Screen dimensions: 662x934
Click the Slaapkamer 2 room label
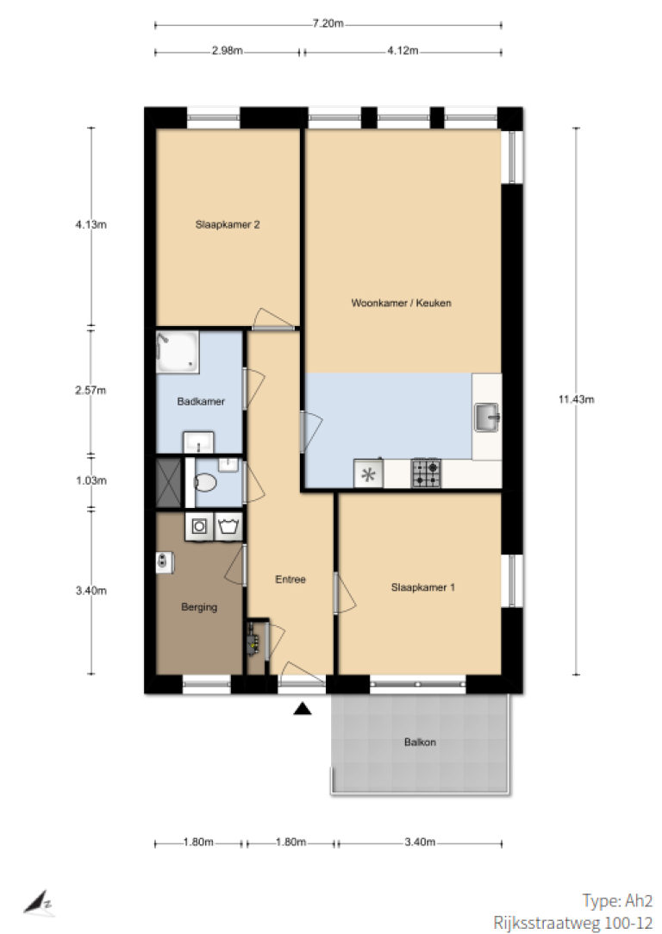pyautogui.click(x=228, y=224)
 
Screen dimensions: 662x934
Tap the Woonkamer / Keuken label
pyautogui.click(x=401, y=303)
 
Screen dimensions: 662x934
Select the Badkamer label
pyautogui.click(x=201, y=402)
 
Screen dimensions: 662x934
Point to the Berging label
pyautogui.click(x=199, y=607)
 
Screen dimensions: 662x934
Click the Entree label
pyautogui.click(x=290, y=579)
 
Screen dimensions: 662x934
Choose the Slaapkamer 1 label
pyautogui.click(x=422, y=587)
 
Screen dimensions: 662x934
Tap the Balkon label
pyautogui.click(x=420, y=743)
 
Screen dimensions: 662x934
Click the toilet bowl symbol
pyautogui.click(x=205, y=482)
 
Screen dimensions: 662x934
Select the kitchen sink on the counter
pyautogui.click(x=486, y=417)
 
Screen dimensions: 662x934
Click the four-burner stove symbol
pyautogui.click(x=427, y=473)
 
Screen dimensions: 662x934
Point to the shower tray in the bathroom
pyautogui.click(x=178, y=352)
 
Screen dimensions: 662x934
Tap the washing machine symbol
pyautogui.click(x=199, y=527)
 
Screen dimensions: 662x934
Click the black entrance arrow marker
pyautogui.click(x=303, y=708)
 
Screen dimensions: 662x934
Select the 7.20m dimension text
pyautogui.click(x=328, y=24)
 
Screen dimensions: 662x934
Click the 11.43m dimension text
pyautogui.click(x=576, y=399)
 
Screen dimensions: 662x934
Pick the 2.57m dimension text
pyautogui.click(x=91, y=391)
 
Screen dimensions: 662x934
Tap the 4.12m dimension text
pyautogui.click(x=403, y=51)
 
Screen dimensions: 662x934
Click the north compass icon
pyautogui.click(x=39, y=903)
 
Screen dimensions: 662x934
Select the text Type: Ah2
pyautogui.click(x=617, y=900)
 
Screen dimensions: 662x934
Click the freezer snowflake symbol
pyautogui.click(x=369, y=474)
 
